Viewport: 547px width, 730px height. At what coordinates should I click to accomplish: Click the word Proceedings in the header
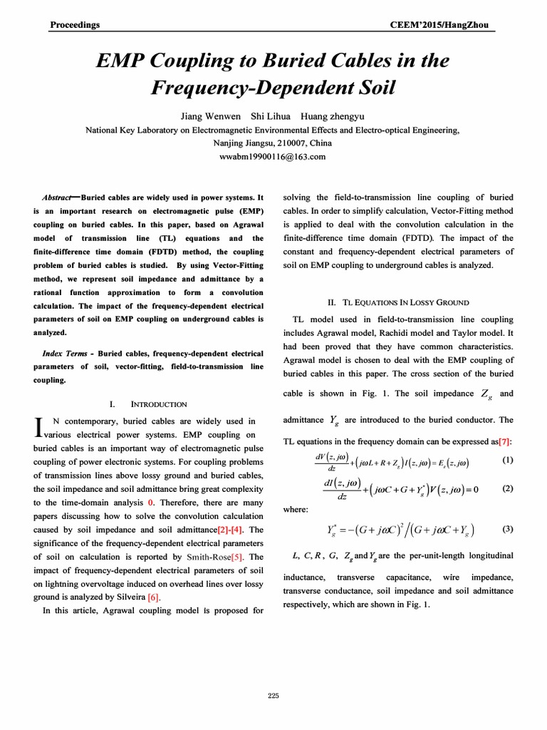75,25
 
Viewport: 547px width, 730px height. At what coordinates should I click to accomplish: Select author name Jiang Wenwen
205,116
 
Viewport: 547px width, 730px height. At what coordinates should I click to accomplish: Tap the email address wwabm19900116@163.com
273,156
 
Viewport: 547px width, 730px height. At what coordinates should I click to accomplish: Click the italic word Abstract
57,197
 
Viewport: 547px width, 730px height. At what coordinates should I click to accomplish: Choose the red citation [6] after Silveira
153,597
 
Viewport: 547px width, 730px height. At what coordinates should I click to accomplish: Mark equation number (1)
507,461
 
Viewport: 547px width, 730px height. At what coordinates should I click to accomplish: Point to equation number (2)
507,489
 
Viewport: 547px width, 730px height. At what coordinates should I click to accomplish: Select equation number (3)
507,529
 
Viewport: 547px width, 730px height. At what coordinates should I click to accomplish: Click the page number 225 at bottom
273,696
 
